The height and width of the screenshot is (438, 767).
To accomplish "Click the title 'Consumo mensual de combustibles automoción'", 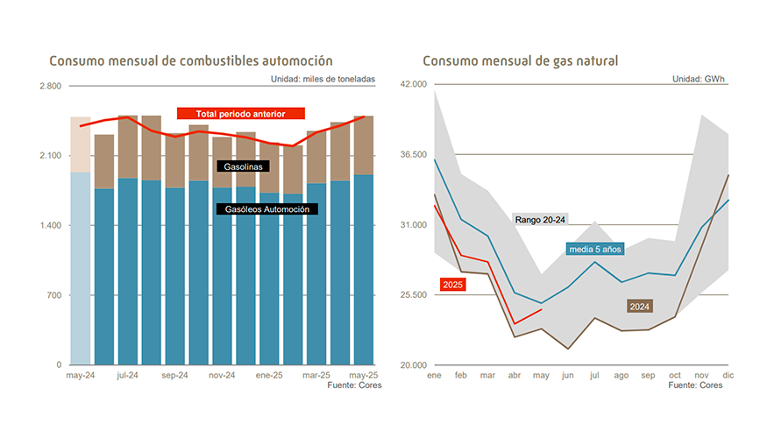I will point(190,61).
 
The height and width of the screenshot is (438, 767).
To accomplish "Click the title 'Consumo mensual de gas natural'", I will point(520,61).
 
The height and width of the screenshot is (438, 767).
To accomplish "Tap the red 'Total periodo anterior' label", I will point(241,113).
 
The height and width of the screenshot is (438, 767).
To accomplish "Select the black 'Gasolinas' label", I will point(243,166).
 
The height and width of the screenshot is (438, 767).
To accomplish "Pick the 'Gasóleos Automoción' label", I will point(266,208).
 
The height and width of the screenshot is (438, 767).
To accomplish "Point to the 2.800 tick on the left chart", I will point(50,86).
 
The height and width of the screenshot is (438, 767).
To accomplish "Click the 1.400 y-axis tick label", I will point(50,226).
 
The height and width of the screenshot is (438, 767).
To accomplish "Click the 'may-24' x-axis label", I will point(81,375).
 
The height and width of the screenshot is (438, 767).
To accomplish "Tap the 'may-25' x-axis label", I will point(363,375).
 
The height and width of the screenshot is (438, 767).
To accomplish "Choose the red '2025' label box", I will point(453,285).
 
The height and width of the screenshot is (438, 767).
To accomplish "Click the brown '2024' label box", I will point(639,307).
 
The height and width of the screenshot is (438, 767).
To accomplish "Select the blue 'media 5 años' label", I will point(594,250).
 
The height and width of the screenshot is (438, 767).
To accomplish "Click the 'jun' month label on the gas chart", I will point(568,375).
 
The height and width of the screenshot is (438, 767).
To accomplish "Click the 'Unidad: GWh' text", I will point(699,79).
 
